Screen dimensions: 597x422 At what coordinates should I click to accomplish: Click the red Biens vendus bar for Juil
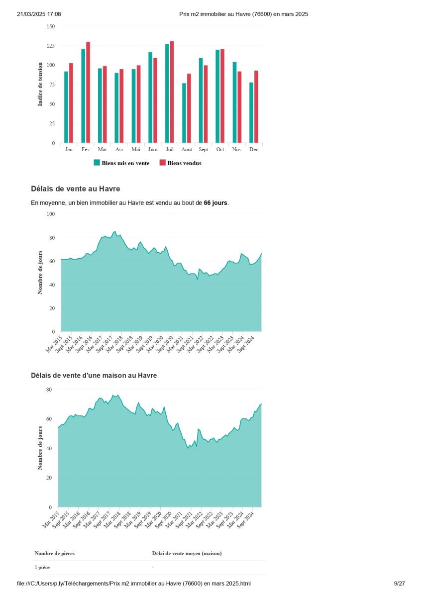[172, 92]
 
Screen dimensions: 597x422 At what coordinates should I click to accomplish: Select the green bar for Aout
[184, 113]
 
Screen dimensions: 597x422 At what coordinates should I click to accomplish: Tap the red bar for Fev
[88, 93]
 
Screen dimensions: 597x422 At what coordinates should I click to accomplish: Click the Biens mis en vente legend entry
[121, 163]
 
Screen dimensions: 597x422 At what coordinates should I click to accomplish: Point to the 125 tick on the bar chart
[50, 46]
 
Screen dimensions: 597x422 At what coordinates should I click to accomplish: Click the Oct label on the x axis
[220, 149]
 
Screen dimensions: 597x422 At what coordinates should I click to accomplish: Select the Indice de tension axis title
[40, 84]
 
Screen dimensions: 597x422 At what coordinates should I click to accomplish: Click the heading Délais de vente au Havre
[75, 189]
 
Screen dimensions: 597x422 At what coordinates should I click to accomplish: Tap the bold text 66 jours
[215, 203]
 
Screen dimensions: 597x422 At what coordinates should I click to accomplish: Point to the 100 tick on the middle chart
[50, 214]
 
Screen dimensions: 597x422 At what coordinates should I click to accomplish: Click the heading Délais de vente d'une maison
[94, 376]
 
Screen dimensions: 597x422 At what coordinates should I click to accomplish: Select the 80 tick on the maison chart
[49, 389]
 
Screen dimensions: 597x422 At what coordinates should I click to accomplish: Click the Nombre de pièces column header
[55, 553]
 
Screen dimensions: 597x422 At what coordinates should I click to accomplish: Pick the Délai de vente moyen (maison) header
[187, 553]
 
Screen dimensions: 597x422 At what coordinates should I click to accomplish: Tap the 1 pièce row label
[42, 567]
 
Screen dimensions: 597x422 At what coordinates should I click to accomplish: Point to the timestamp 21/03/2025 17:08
[39, 14]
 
